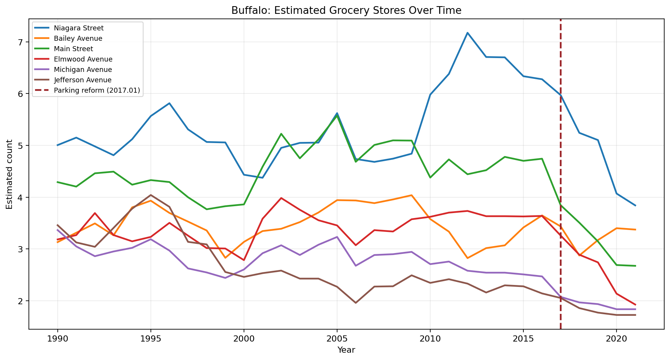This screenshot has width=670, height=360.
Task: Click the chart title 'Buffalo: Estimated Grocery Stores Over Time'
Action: coord(346,11)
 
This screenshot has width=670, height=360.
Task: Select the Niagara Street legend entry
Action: coord(79,28)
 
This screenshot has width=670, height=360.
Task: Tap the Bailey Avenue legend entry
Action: coord(78,38)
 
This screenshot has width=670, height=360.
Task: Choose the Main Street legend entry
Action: coord(74,49)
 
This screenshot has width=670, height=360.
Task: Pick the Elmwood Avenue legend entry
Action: coord(83,59)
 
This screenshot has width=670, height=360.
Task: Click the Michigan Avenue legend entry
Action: coord(83,70)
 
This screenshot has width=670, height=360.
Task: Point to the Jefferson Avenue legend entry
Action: coord(83,80)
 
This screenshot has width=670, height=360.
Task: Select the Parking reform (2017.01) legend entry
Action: coord(97,90)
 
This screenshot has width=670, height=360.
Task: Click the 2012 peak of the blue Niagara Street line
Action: coord(467,33)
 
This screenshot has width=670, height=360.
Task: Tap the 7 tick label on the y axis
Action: coord(21,42)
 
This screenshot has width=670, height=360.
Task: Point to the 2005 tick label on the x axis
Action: coord(337,339)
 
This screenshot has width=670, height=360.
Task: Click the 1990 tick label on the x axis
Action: coord(58,339)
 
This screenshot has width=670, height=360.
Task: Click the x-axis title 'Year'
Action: coord(346,350)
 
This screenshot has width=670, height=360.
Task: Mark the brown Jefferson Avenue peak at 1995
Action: coord(150,195)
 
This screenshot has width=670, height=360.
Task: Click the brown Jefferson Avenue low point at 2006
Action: coord(356,303)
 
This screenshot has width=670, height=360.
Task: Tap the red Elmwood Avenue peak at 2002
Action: coord(281,198)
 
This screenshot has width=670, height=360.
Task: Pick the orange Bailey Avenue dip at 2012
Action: coord(467,258)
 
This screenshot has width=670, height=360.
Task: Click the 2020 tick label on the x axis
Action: coord(616,339)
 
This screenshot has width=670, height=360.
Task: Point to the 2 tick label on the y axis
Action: coord(21,301)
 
